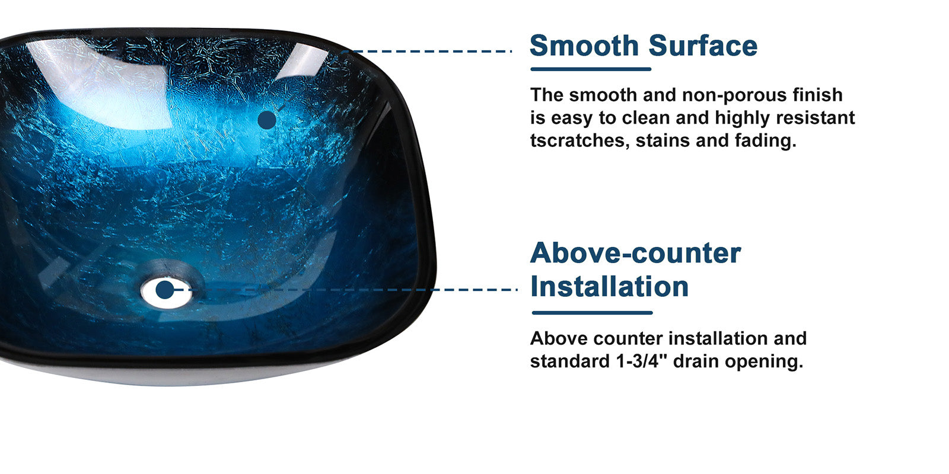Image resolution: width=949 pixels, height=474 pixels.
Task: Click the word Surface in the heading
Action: point(703,46)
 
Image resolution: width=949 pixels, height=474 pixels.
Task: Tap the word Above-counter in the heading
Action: point(635,253)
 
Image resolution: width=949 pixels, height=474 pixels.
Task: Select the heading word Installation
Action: point(609,287)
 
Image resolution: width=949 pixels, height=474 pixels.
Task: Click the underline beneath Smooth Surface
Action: point(591,69)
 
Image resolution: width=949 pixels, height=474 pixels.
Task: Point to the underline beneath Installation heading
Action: point(593,313)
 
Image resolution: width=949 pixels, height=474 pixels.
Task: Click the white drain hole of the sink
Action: point(167,293)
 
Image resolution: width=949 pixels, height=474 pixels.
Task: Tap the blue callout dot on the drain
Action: point(165,290)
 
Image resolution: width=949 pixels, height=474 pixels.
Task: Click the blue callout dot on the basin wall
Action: point(267,120)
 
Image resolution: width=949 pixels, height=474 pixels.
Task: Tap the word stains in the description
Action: point(663,140)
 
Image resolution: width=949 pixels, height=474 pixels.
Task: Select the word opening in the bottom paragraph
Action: point(764,362)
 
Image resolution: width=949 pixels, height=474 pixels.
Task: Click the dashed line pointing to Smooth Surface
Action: point(427,51)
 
